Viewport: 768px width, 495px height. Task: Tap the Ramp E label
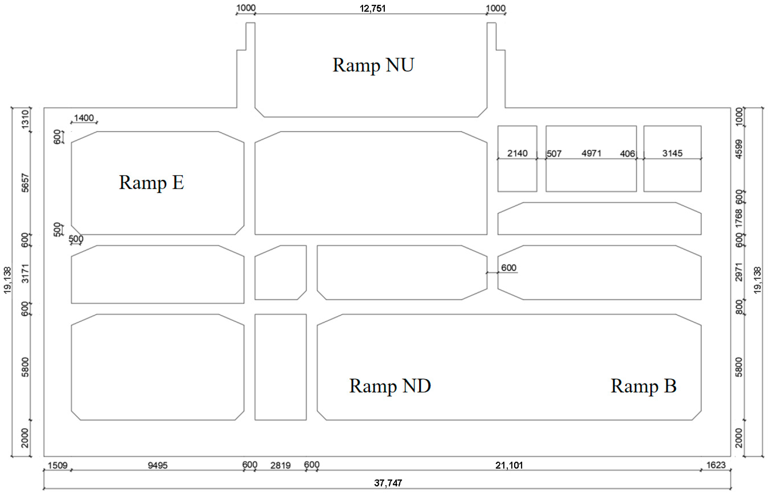pos(151,183)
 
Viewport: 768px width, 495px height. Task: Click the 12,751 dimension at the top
pos(372,9)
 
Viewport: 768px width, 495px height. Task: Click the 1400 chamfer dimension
pos(84,118)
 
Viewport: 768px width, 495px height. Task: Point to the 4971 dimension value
pos(591,153)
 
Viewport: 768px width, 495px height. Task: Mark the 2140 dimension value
pos(517,153)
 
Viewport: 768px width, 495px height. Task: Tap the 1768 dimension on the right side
pos(739,218)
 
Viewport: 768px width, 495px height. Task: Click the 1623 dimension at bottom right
pos(716,465)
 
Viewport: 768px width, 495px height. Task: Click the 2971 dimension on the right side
pos(739,272)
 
